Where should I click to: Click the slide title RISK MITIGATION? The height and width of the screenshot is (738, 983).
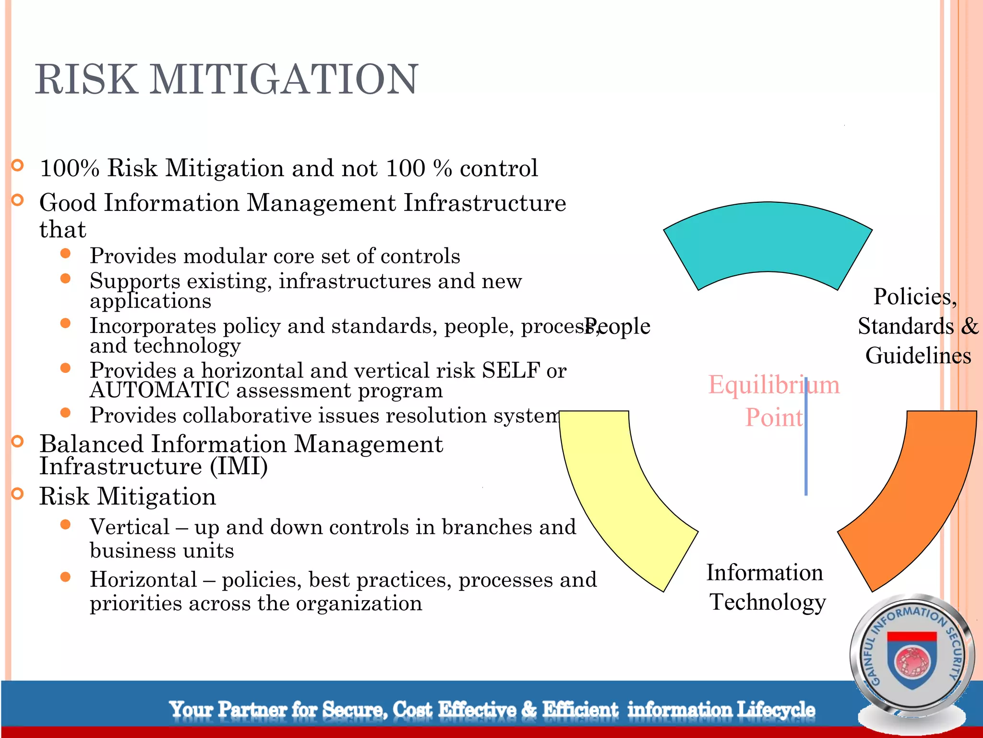227,79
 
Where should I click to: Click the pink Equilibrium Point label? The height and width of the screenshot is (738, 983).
774,401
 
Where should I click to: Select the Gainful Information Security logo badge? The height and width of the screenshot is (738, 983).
912,658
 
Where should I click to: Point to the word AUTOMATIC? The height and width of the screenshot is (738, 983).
159,390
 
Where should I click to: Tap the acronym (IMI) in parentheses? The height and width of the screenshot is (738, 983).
239,467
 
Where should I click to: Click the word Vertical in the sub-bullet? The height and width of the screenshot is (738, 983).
130,527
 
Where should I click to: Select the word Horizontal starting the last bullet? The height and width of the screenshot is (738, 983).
143,580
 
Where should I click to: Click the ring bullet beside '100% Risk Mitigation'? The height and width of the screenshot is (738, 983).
18,166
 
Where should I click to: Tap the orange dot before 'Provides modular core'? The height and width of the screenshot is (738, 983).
66,254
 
